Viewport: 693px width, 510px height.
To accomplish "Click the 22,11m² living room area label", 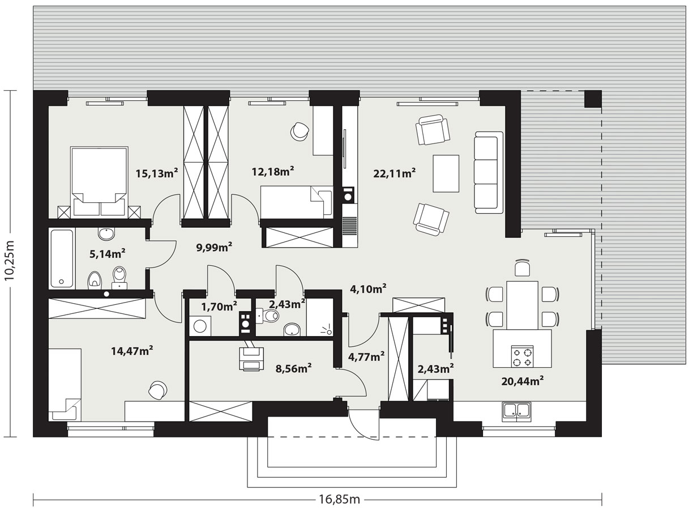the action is pyautogui.click(x=394, y=173).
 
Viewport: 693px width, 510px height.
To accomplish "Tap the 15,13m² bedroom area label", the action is pyautogui.click(x=156, y=173).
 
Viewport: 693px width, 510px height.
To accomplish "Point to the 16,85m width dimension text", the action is pyautogui.click(x=339, y=499).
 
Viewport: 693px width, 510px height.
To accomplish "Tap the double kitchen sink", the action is pyautogui.click(x=516, y=411).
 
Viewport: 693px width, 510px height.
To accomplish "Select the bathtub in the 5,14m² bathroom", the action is pyautogui.click(x=62, y=258).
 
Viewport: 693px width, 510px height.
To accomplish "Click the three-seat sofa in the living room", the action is pyautogui.click(x=489, y=172).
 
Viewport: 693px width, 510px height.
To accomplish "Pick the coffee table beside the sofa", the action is pyautogui.click(x=446, y=174).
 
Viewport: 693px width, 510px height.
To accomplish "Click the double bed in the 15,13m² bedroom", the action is pyautogui.click(x=99, y=182).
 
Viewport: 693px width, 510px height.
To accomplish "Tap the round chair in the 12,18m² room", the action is pyautogui.click(x=300, y=131).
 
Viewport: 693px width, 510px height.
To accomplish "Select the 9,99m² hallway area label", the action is pyautogui.click(x=214, y=247).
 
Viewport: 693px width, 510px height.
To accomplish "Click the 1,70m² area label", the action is pyautogui.click(x=219, y=306).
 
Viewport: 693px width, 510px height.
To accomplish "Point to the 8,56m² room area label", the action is pyautogui.click(x=293, y=368).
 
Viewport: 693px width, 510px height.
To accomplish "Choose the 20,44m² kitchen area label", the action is pyautogui.click(x=523, y=381).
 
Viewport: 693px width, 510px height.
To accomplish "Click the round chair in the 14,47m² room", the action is pyautogui.click(x=158, y=390).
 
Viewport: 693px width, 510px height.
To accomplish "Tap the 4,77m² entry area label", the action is pyautogui.click(x=366, y=356).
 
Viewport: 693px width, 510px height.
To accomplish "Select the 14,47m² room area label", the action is pyautogui.click(x=132, y=351).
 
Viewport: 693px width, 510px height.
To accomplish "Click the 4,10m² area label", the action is pyautogui.click(x=368, y=289).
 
